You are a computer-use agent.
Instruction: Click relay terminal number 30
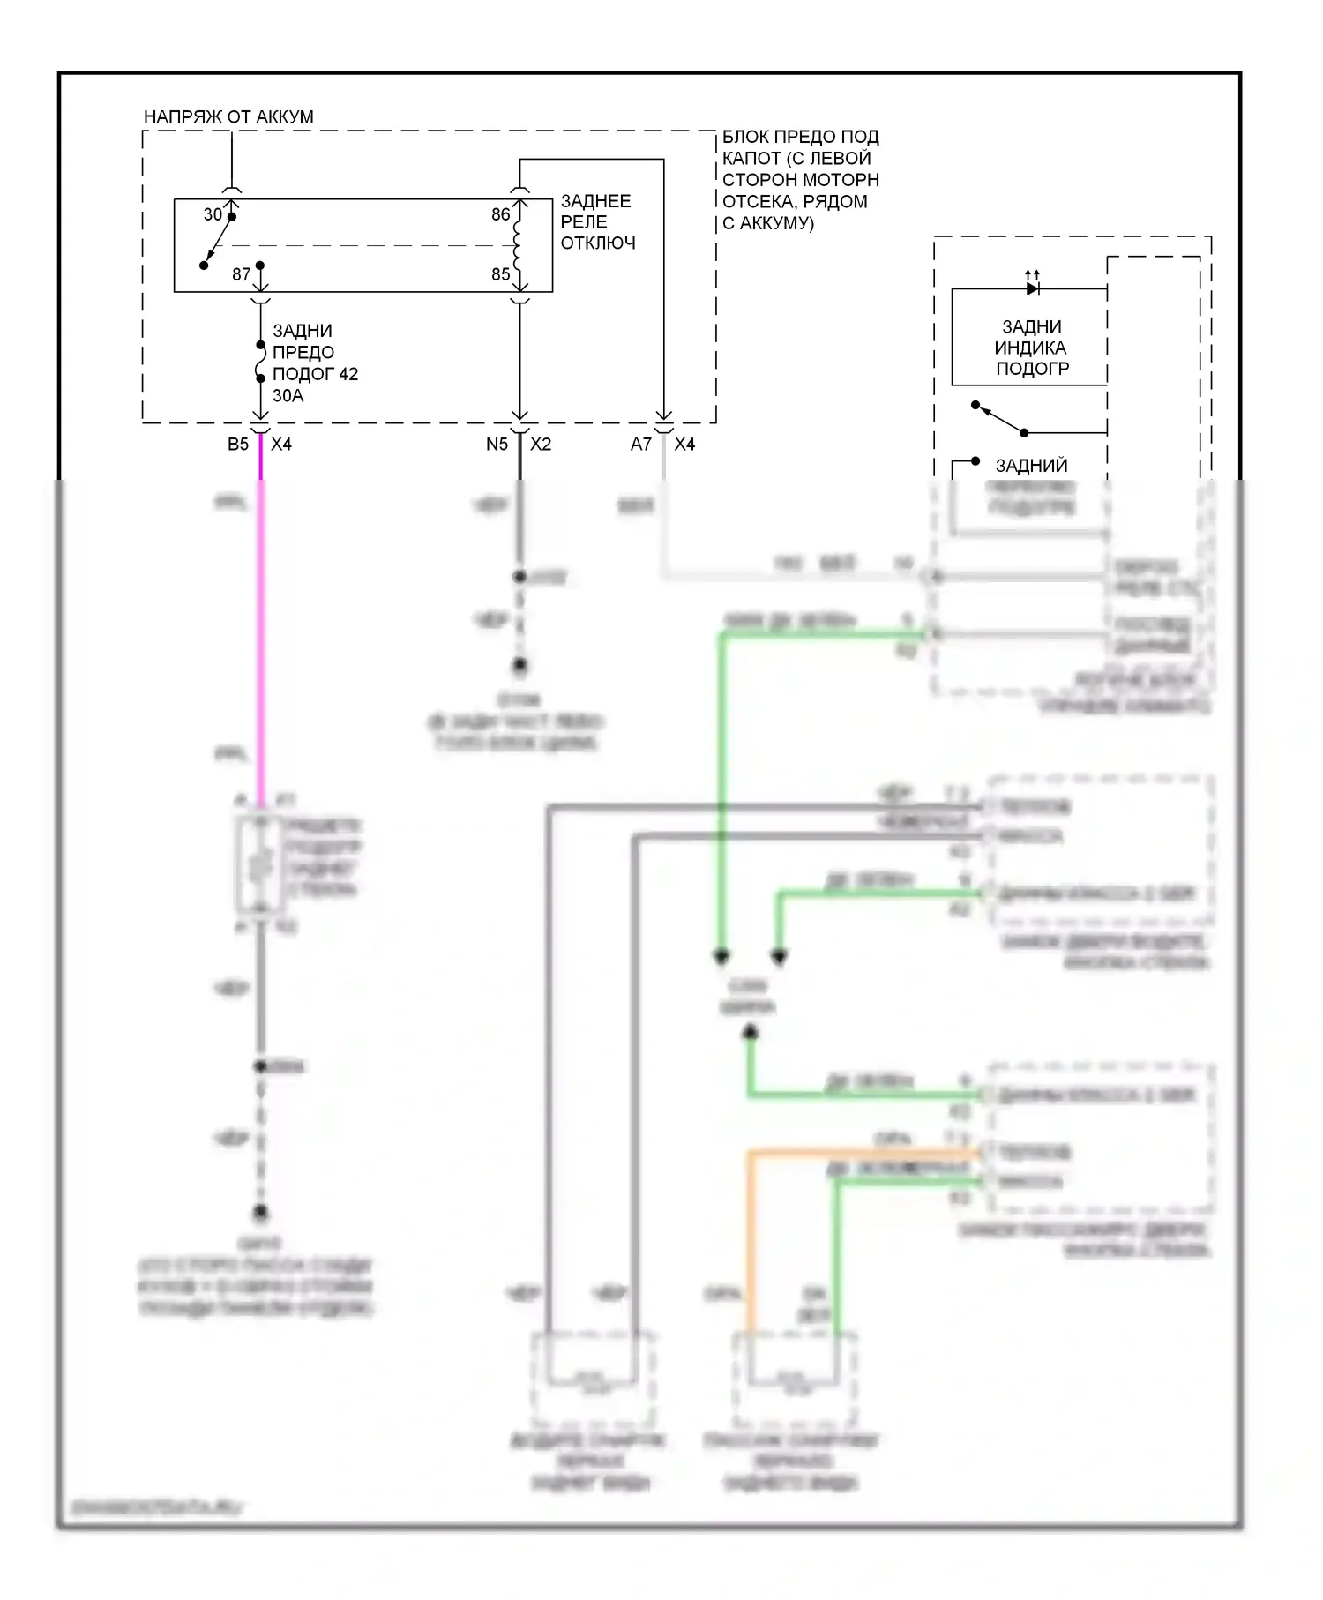tap(213, 214)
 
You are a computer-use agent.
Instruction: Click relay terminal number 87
tap(241, 274)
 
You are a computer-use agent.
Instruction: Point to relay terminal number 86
tap(500, 214)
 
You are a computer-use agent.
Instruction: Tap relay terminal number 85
tap(500, 274)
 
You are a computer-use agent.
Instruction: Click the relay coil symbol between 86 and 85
tap(518, 245)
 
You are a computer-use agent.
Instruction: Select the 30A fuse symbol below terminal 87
tap(260, 362)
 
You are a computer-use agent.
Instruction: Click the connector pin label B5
tap(237, 445)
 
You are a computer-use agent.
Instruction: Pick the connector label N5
tap(497, 445)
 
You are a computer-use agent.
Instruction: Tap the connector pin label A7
tap(640, 445)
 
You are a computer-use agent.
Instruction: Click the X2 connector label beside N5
tap(541, 445)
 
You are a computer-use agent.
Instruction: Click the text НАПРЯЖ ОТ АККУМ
tap(228, 116)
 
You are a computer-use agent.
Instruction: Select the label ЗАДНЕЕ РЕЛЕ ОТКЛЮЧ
tap(597, 222)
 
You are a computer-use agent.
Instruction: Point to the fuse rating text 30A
tap(288, 395)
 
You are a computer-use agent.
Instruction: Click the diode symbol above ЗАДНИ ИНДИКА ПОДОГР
tap(1033, 288)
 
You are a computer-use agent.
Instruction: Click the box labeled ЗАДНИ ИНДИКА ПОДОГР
tap(1029, 348)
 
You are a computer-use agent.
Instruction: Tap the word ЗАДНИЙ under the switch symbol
tap(1031, 466)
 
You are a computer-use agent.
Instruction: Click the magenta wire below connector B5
tap(260, 617)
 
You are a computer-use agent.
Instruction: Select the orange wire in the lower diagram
tap(750, 1235)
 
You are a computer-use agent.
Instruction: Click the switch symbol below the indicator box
tap(1000, 419)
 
